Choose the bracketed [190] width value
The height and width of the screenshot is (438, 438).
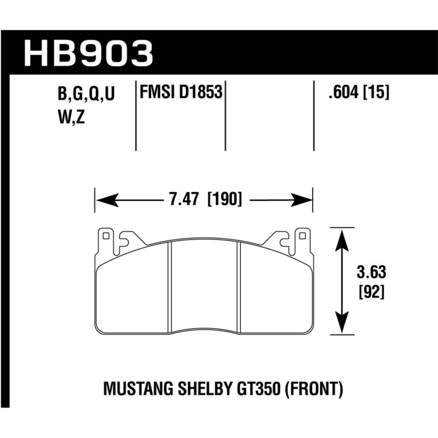224,199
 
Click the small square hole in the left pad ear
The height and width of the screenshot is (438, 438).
106,237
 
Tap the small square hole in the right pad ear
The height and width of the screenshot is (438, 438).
301,237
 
